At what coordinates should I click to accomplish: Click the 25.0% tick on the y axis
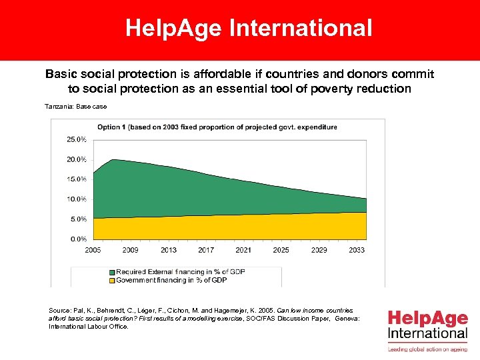pos(77,139)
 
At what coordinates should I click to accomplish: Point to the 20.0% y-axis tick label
pos(77,159)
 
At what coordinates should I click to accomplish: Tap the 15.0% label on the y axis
pos(77,179)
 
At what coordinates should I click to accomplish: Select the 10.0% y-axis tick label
pos(77,199)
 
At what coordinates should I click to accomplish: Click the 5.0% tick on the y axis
pos(78,219)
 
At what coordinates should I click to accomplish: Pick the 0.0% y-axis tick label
pos(78,239)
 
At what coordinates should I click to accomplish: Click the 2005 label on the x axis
pos(93,250)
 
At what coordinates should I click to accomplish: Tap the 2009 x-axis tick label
pos(130,250)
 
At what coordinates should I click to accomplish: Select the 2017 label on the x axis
pos(206,250)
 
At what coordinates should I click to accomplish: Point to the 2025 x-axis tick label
pos(281,250)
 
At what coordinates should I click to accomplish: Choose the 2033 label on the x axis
pos(357,250)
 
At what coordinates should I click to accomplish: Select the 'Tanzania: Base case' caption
pos(75,107)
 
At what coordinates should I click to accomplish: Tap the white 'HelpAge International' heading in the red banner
pos(249,29)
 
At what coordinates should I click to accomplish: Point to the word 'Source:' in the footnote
pos(59,311)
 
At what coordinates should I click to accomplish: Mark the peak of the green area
pos(113,160)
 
